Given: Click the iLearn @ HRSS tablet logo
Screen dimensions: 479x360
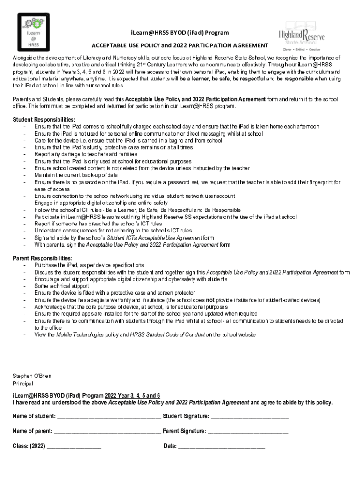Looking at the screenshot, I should [x=33, y=32].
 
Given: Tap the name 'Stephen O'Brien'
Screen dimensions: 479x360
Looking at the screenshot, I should [x=32, y=376].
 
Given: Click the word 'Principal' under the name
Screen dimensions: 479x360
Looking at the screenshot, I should [x=23, y=384].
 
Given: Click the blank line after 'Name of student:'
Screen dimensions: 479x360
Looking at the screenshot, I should [x=108, y=417].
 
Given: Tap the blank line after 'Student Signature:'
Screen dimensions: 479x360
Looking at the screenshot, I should [x=250, y=417].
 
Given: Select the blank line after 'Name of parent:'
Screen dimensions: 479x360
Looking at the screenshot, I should [x=107, y=431].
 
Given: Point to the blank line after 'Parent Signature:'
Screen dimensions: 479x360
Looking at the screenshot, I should [x=248, y=431].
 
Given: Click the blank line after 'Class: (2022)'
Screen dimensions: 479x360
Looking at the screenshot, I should [x=74, y=446].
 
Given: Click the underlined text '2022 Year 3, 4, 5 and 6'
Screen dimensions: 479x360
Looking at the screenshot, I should [x=132, y=395].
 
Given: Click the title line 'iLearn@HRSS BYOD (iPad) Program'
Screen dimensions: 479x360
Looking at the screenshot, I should [x=180, y=33].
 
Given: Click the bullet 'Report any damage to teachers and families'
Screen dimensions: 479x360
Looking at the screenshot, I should [x=86, y=154].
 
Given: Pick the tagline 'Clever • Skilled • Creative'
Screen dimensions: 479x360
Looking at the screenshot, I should [x=301, y=49].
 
